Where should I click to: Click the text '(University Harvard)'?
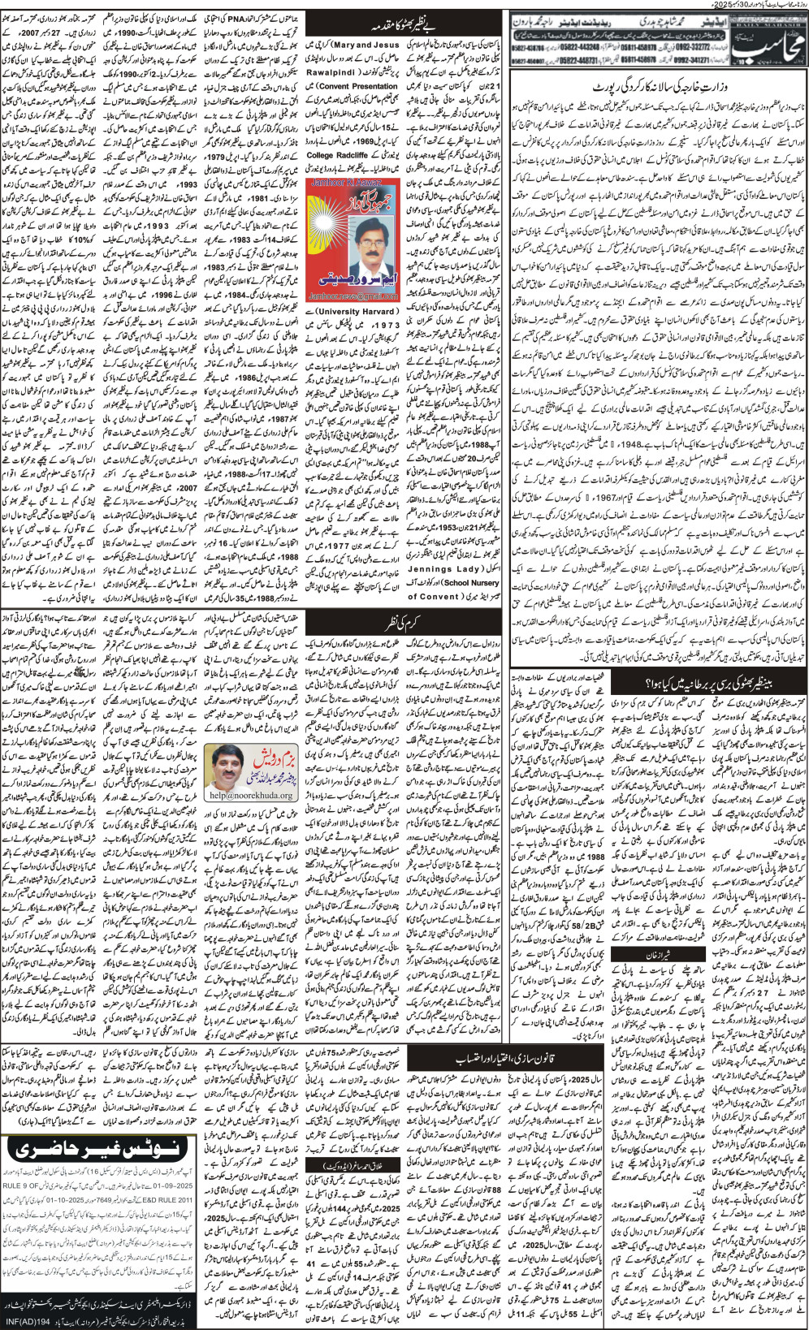point(339,310)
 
